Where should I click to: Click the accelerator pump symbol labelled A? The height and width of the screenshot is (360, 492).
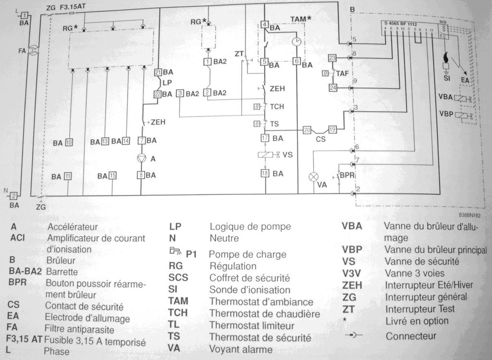(x=141, y=158)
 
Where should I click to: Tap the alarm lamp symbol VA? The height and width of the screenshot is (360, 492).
(x=313, y=176)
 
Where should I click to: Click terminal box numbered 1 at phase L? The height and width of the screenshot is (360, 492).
(x=24, y=15)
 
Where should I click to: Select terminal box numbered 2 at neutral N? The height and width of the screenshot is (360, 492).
(x=14, y=195)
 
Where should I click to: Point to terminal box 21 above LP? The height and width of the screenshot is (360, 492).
(x=158, y=72)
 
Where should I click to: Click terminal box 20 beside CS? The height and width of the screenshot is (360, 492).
(x=307, y=130)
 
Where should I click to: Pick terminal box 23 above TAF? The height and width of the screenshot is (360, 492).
(x=332, y=58)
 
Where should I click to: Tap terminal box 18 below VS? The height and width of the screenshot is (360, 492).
(x=264, y=173)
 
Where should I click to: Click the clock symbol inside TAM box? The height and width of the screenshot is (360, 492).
(x=297, y=42)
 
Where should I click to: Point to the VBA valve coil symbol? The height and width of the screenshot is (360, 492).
(x=462, y=98)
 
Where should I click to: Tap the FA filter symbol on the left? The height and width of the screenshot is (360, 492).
(x=34, y=49)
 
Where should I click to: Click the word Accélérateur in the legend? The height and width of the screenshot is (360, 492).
(x=72, y=226)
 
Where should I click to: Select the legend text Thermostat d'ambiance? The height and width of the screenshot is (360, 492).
(x=261, y=302)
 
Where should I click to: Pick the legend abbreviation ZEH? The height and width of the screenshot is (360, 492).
(x=352, y=285)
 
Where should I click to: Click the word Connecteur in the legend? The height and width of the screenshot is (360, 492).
(x=411, y=336)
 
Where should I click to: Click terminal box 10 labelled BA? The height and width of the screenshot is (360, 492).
(x=69, y=142)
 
